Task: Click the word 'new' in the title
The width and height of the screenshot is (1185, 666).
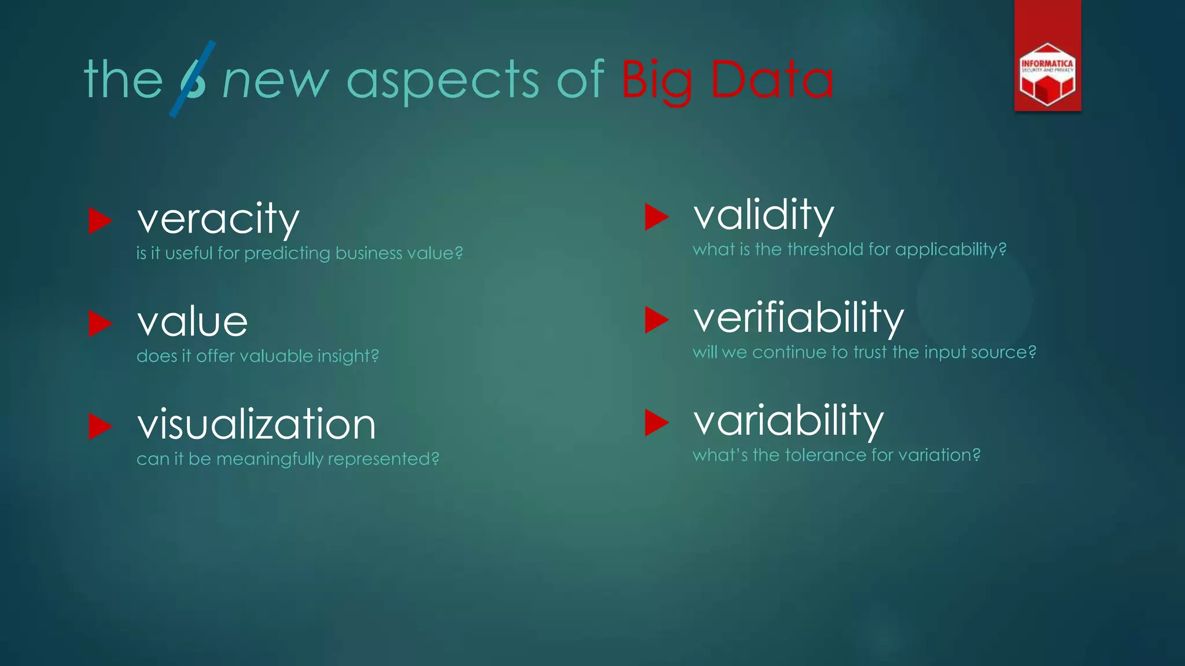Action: (x=276, y=81)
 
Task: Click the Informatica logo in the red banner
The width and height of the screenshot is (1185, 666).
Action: (x=1047, y=75)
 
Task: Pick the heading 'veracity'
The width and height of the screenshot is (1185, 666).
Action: (x=218, y=219)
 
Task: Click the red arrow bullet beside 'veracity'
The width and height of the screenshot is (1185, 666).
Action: (x=100, y=221)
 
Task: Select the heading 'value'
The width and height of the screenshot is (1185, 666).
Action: (x=192, y=321)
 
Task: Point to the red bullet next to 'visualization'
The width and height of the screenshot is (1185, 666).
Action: (x=100, y=427)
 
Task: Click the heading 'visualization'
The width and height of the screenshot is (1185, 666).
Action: (x=256, y=424)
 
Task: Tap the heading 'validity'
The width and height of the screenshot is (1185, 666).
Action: (x=764, y=215)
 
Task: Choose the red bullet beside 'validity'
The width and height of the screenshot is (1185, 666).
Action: (x=656, y=217)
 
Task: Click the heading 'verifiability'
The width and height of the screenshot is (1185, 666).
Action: (x=798, y=318)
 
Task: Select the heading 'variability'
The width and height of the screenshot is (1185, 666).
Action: (x=789, y=420)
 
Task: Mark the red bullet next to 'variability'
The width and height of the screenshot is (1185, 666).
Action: (x=656, y=422)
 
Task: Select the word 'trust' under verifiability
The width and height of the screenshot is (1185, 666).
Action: (x=870, y=352)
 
